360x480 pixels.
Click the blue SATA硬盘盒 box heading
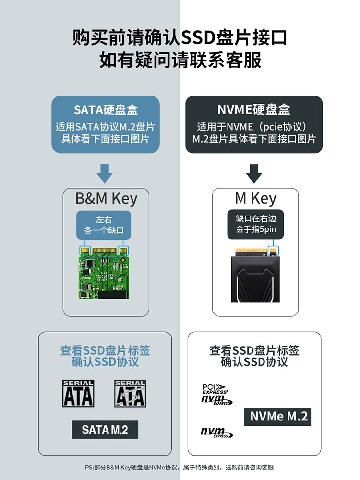pyautogui.click(x=106, y=110)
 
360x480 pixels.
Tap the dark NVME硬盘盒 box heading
pyautogui.click(x=254, y=110)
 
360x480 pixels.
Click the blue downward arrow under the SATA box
pyautogui.click(x=105, y=173)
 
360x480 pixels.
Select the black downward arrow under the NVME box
pyautogui.click(x=254, y=173)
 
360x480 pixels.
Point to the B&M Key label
pyautogui.click(x=106, y=198)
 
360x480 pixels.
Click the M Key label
pyautogui.click(x=255, y=198)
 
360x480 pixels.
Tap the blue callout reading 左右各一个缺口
pyautogui.click(x=104, y=225)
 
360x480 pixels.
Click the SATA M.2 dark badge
pyautogui.click(x=105, y=429)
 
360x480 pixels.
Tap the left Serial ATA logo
pyautogui.click(x=78, y=393)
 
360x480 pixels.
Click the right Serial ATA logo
pyautogui.click(x=130, y=393)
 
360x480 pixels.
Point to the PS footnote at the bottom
pyautogui.click(x=180, y=467)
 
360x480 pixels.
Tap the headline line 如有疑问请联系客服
pyautogui.click(x=180, y=60)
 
